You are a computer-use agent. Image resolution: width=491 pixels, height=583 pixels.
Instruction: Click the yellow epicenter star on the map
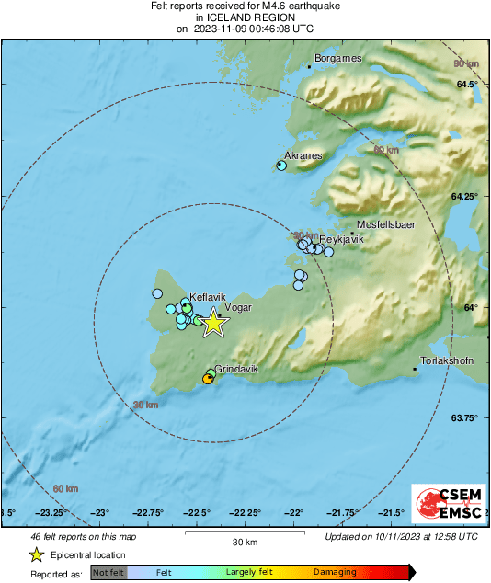tap(213, 323)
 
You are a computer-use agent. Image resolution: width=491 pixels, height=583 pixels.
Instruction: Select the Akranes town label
tap(303, 155)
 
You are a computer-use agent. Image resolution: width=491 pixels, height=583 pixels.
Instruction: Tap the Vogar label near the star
tap(238, 309)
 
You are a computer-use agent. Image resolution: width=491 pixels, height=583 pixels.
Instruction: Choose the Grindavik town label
tap(236, 368)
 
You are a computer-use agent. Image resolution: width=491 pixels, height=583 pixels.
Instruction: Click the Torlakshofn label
tap(446, 360)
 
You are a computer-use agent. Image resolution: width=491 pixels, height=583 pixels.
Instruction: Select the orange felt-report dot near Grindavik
tap(207, 379)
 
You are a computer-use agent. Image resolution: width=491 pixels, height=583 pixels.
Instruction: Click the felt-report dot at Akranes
tap(281, 166)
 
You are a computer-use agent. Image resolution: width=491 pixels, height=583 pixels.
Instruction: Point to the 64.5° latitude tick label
tap(468, 85)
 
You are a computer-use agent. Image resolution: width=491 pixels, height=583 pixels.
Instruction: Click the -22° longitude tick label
tap(294, 513)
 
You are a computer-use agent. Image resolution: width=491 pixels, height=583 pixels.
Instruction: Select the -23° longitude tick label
tap(99, 513)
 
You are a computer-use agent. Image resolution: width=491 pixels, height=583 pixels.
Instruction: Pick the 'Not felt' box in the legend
tap(108, 573)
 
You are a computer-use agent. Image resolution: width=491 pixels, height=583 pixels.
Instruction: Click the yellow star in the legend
tap(36, 554)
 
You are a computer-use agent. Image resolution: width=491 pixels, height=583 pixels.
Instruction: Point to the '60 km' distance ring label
tap(65, 488)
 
